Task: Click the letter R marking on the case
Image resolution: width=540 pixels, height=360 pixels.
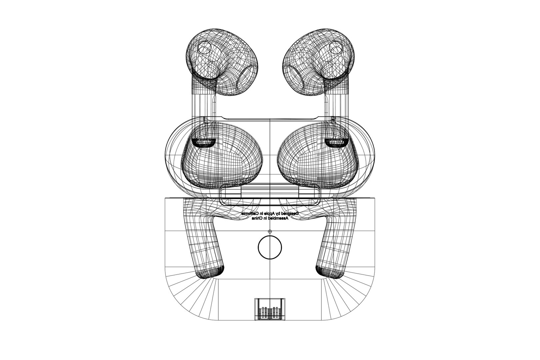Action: (x=334, y=119)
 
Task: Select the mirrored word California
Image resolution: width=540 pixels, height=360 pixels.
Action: (x=250, y=213)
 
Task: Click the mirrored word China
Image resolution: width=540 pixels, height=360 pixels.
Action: (x=258, y=219)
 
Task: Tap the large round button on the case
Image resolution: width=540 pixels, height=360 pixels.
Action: (x=270, y=247)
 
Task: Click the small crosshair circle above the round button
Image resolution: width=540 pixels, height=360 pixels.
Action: (x=270, y=231)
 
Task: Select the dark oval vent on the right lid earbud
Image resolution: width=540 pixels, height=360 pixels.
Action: (x=335, y=143)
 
